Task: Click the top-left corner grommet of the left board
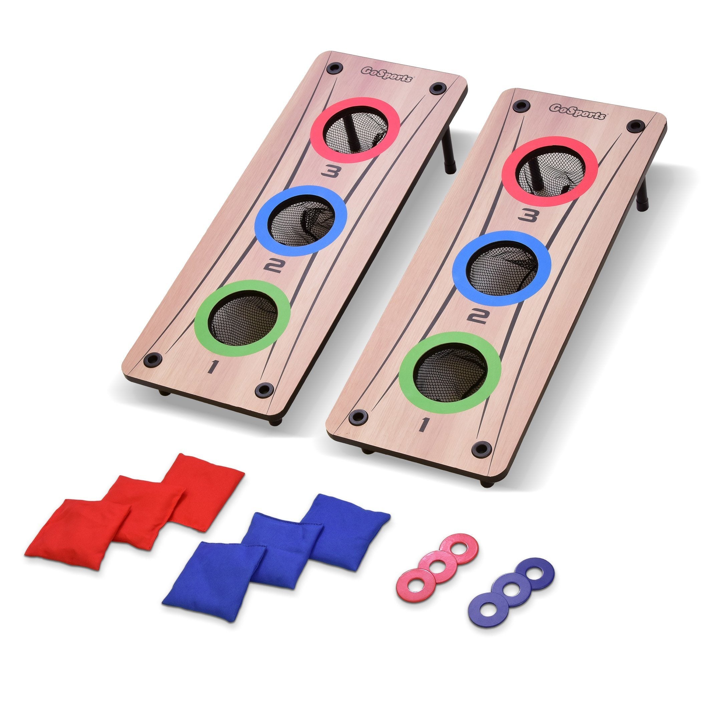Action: [x=334, y=68]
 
